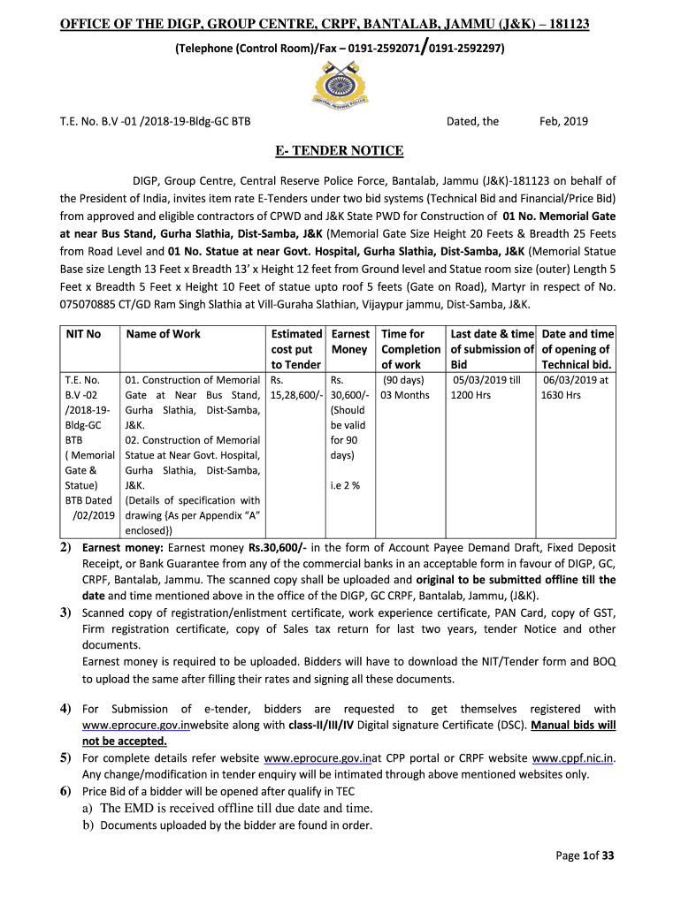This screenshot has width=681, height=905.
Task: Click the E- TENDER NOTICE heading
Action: click(339, 150)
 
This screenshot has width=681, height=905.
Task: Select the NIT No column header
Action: click(84, 334)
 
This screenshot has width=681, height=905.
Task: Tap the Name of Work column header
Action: click(164, 334)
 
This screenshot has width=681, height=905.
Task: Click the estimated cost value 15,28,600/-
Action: click(296, 395)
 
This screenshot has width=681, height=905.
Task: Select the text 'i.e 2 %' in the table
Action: click(345, 485)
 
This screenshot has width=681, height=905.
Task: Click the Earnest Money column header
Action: click(349, 341)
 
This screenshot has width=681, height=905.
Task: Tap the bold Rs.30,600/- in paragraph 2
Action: click(278, 548)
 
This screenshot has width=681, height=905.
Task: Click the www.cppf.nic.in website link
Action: click(572, 758)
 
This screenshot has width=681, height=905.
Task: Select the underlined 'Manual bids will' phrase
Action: click(573, 725)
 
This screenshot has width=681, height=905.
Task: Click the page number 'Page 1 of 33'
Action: click(584, 856)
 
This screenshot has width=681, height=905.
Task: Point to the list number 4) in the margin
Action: click(65, 709)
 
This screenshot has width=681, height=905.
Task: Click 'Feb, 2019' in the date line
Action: click(563, 122)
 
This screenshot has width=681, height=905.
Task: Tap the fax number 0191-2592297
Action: click(466, 49)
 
